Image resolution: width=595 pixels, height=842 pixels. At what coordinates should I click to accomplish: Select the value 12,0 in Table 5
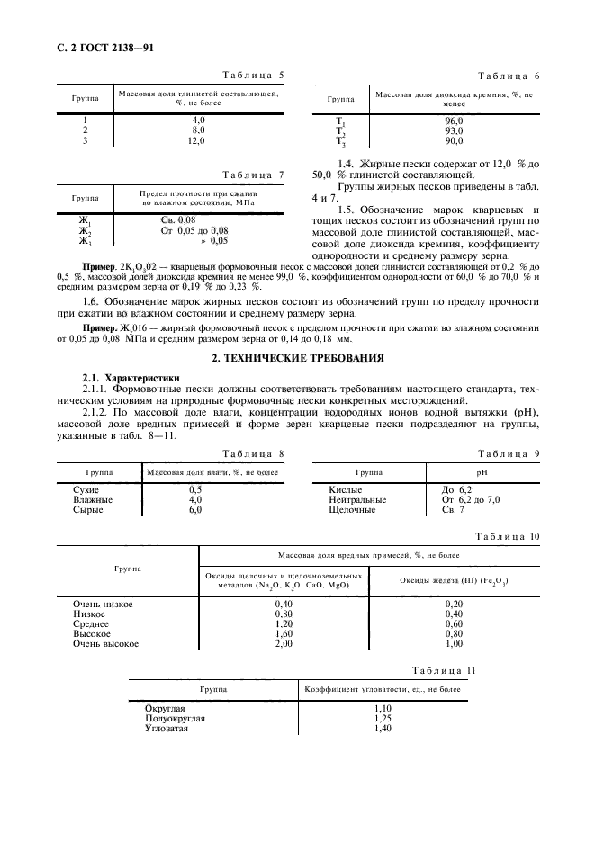[198, 141]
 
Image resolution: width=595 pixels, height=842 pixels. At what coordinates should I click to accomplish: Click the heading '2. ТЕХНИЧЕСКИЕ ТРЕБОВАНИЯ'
[297, 358]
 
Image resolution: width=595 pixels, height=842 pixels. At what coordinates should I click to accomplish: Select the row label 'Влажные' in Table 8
[93, 499]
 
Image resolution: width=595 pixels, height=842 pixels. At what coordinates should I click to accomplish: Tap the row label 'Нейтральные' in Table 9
[357, 499]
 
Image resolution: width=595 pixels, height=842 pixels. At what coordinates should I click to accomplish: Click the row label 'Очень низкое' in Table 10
[103, 604]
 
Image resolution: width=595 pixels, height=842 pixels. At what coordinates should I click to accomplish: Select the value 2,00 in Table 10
[284, 644]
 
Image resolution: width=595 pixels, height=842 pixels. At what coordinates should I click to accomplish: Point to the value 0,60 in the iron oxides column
[454, 623]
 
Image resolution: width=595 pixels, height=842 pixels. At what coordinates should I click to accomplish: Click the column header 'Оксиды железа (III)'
[454, 580]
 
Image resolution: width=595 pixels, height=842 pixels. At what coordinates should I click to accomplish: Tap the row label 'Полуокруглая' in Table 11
[176, 719]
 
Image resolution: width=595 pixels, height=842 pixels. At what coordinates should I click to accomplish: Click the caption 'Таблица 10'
[508, 536]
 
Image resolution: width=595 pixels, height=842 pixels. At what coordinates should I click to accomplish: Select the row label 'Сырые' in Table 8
[88, 509]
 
